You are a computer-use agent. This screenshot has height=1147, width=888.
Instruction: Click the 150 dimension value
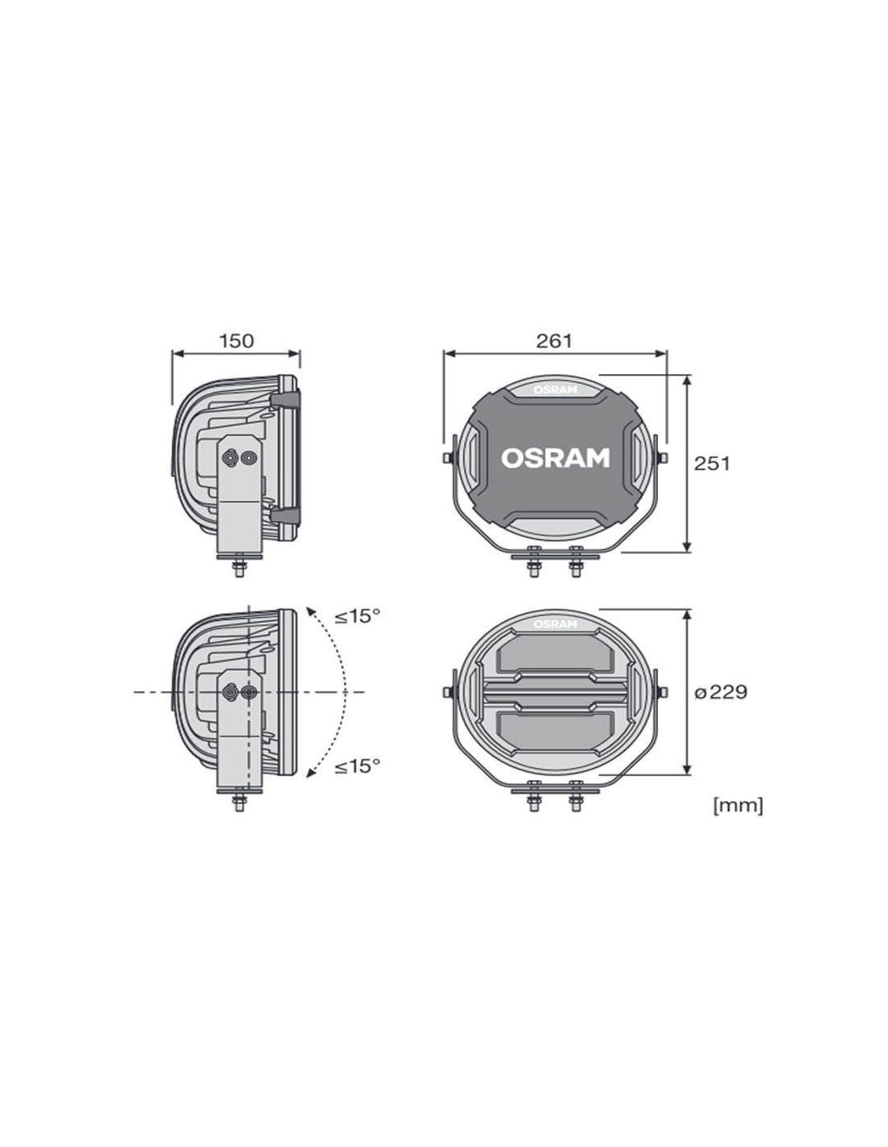pos(237,341)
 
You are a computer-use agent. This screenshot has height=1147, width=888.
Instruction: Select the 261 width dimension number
pos(554,341)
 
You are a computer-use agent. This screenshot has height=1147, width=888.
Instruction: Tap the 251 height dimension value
pos(711,464)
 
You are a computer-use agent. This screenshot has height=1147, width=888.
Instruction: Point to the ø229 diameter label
pos(721,691)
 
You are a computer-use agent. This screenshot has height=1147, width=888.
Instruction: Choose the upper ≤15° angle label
pos(357,615)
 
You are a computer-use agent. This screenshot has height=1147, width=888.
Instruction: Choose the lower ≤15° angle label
pos(357,766)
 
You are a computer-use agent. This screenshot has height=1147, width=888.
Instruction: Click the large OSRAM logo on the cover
pos(555,458)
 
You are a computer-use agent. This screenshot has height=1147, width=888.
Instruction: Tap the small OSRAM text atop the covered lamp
pos(555,390)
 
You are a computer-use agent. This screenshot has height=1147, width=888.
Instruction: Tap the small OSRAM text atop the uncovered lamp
pos(555,624)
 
